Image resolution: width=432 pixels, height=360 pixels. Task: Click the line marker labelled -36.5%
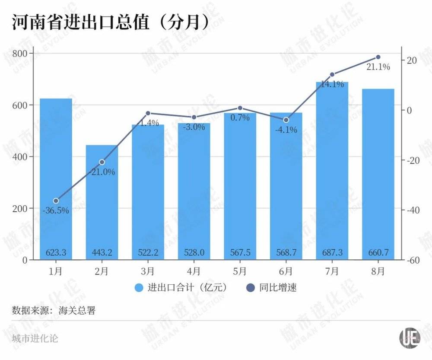point(56,201)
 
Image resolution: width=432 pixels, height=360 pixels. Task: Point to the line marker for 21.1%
point(378,57)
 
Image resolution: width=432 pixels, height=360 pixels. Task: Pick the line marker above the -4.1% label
point(286,120)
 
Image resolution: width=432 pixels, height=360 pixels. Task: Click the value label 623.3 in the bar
point(56,252)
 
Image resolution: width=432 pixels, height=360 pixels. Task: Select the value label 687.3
point(332,252)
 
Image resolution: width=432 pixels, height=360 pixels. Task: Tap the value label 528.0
point(194,252)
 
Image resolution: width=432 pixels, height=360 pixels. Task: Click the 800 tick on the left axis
point(20,53)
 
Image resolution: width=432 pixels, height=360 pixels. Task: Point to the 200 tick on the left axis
point(20,208)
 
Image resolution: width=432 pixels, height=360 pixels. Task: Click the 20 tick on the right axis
point(411,60)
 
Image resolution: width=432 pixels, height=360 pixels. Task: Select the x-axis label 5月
point(240,271)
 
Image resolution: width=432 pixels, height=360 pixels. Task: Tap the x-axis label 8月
point(378,271)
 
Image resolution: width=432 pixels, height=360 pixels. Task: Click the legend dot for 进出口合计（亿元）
point(139,288)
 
